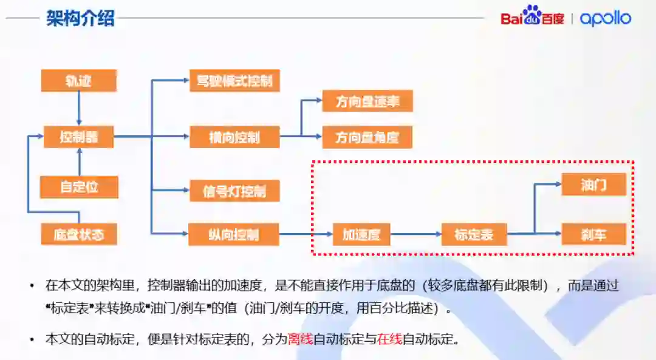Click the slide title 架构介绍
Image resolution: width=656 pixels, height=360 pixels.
(x=80, y=18)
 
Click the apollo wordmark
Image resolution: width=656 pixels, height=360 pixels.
(x=605, y=18)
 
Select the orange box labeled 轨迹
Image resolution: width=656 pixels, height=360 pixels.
(x=78, y=81)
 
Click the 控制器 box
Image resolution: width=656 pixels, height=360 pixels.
(x=78, y=137)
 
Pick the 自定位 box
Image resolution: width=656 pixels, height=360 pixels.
(x=79, y=187)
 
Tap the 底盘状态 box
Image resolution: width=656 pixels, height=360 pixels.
(x=78, y=234)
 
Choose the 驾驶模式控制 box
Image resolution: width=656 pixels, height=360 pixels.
(x=234, y=81)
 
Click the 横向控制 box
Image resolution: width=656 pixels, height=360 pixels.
(x=234, y=137)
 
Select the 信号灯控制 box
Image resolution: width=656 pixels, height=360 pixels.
(x=234, y=191)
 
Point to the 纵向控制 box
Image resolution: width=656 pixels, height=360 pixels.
(x=234, y=234)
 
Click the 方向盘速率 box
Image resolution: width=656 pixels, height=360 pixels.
(x=367, y=101)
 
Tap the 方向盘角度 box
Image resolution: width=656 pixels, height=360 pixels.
(x=367, y=137)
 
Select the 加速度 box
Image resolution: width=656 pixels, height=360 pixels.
(x=361, y=234)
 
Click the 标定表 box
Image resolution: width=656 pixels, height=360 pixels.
(x=474, y=234)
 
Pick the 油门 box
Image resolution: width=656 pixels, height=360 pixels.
(x=593, y=185)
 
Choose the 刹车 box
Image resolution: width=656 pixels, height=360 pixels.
(x=593, y=234)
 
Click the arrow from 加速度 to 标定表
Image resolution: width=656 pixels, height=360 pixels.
(x=415, y=234)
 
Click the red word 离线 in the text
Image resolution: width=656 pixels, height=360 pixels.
(x=301, y=339)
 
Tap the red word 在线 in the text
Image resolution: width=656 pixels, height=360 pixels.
(x=389, y=339)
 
